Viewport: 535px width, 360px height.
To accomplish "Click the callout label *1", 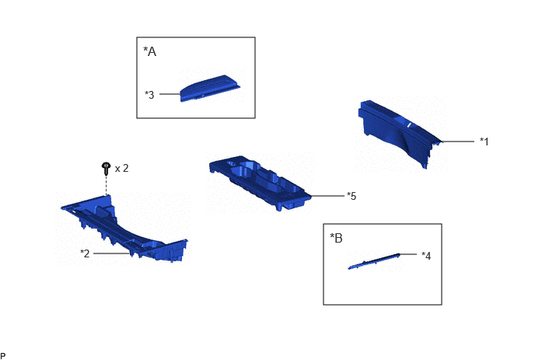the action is click(x=484, y=142).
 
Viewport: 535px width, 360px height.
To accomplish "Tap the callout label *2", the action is click(x=85, y=253).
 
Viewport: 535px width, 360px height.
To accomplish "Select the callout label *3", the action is click(x=149, y=95).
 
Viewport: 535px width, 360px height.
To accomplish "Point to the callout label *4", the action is click(x=426, y=256).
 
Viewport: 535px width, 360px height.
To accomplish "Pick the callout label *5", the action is click(x=351, y=196).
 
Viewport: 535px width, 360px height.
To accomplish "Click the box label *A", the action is click(x=150, y=51).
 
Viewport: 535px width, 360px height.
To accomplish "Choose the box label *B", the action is click(x=337, y=238).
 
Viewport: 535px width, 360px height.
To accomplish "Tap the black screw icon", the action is click(x=106, y=169).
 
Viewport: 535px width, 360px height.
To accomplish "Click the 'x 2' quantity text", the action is click(x=122, y=168).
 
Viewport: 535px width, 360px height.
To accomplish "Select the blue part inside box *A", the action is click(x=209, y=89).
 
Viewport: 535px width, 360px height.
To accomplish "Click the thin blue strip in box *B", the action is click(x=374, y=261).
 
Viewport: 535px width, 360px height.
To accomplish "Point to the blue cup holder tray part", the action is click(x=260, y=182).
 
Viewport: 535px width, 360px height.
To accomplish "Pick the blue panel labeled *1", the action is click(x=399, y=132).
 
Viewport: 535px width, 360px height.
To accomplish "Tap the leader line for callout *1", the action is click(x=458, y=142).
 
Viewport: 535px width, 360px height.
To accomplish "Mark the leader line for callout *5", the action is click(x=327, y=196).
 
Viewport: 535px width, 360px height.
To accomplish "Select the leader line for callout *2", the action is click(x=111, y=253).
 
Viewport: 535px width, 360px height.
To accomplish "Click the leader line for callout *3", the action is click(x=170, y=94).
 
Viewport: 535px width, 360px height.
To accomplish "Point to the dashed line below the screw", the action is click(x=106, y=186).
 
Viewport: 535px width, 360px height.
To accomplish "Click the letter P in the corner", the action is click(x=3, y=356).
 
